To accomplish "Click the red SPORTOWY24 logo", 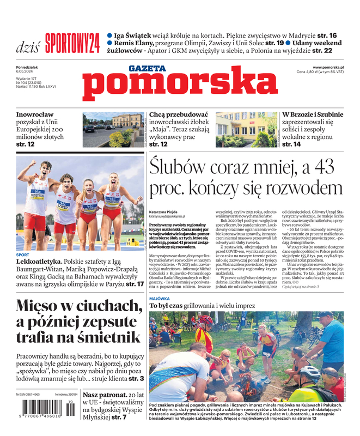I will coord(72,42).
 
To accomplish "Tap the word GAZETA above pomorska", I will coord(147,68).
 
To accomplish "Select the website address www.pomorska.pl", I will coord(331,66).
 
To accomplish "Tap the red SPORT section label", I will coord(23,255).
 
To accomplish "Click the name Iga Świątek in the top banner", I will coord(134,35).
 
